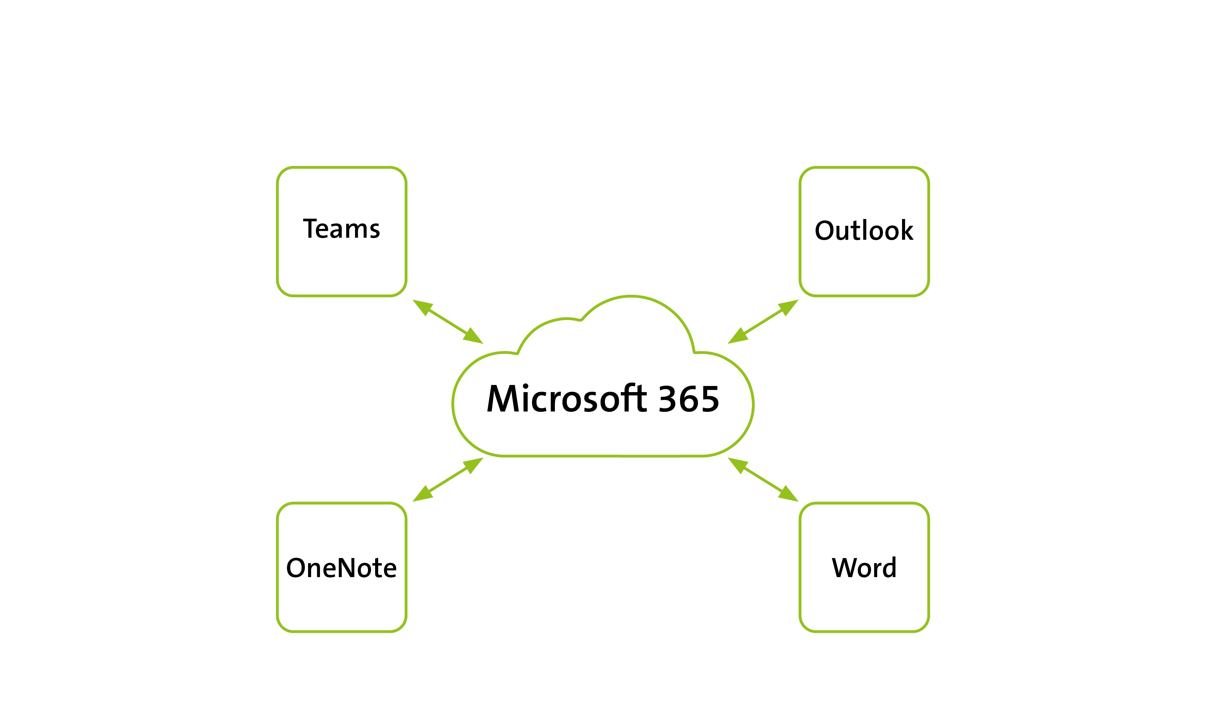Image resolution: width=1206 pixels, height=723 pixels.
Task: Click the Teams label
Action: point(341,229)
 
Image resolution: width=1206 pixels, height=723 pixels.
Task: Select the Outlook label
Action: point(864,231)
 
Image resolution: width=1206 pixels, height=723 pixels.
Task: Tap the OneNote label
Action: point(341,568)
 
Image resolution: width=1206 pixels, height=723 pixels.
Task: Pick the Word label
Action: point(864,568)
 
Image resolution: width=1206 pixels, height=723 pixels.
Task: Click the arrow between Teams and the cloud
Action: point(448,322)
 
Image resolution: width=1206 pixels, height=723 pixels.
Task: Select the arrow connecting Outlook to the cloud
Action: point(763,322)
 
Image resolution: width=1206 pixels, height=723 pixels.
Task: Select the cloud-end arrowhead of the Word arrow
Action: point(737,465)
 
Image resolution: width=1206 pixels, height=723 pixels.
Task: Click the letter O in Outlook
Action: point(826,231)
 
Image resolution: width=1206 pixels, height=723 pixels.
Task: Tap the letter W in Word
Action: point(845,568)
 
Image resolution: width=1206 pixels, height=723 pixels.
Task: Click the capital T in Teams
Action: point(311,229)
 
